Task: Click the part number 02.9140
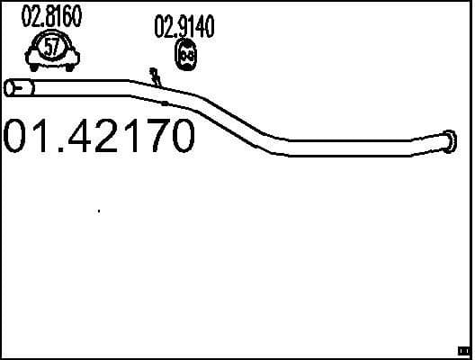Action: click(184, 28)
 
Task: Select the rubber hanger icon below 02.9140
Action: click(184, 56)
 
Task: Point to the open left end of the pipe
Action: click(13, 87)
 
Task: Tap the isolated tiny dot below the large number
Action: click(98, 211)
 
